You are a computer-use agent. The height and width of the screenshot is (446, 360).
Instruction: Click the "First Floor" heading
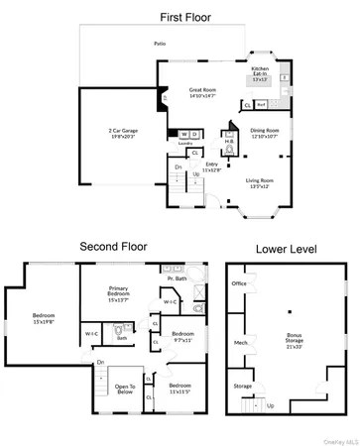tap(179, 17)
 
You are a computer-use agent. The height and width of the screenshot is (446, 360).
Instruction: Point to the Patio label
tap(159, 44)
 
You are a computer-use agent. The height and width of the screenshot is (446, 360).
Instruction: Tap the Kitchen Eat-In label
tap(261, 73)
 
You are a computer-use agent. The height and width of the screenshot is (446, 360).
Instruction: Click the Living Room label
tap(260, 182)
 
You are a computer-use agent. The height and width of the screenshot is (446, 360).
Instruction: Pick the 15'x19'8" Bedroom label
tap(46, 318)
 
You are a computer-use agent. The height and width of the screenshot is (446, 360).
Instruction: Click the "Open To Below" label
tap(124, 389)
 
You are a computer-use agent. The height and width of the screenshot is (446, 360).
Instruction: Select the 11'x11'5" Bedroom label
tap(180, 388)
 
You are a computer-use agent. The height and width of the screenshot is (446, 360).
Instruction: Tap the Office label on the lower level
tap(239, 283)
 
